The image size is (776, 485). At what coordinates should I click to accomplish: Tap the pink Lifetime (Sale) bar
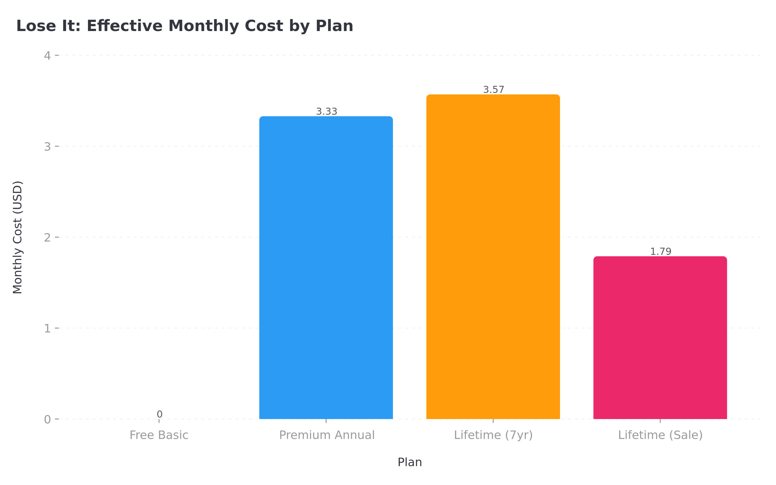click(660, 338)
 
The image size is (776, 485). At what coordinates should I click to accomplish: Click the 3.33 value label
click(326, 112)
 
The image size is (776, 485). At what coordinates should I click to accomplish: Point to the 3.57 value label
click(493, 90)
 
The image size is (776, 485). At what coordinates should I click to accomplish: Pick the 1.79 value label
click(661, 252)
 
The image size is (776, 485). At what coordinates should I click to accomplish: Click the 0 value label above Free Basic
click(159, 414)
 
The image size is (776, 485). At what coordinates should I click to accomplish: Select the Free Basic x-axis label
click(159, 435)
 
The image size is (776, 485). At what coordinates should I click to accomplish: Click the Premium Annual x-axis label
click(327, 435)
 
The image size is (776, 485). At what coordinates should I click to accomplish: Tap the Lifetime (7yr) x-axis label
click(493, 435)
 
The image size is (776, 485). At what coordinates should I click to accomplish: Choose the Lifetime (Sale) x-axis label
click(660, 435)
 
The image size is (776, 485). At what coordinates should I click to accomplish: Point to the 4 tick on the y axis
click(47, 56)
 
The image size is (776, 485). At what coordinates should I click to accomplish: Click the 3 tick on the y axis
click(47, 147)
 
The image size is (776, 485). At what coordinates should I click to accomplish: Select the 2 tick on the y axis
click(47, 238)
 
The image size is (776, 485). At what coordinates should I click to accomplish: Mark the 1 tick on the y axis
click(47, 329)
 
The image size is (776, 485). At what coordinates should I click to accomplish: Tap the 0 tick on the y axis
click(47, 420)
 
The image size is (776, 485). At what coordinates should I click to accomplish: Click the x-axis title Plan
click(409, 462)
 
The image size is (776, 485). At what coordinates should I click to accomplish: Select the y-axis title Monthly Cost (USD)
click(17, 237)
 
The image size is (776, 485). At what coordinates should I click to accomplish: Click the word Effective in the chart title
click(124, 26)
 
